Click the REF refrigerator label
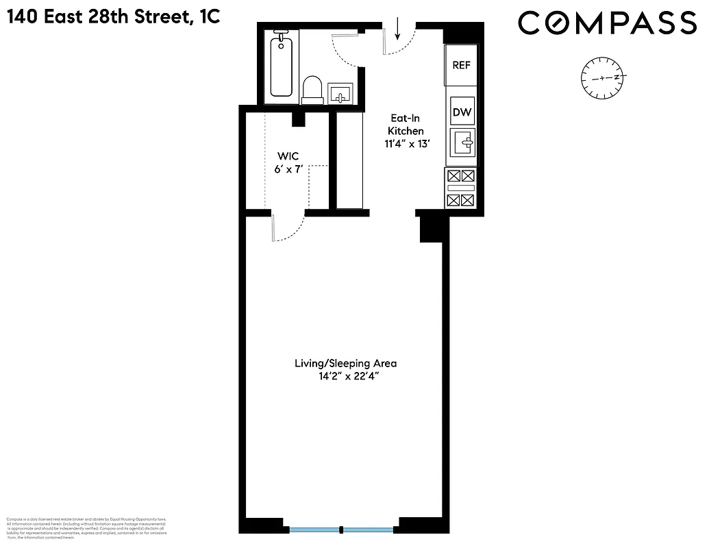(x=461, y=65)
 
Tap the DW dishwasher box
(x=462, y=112)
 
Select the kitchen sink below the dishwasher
(x=462, y=142)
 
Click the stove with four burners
(x=460, y=188)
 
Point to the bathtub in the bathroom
(x=281, y=67)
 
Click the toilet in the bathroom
(x=312, y=90)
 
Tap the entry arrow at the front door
(x=397, y=29)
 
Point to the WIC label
(x=287, y=156)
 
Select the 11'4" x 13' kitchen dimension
(x=406, y=143)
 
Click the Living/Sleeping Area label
(x=345, y=363)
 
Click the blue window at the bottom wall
(x=342, y=530)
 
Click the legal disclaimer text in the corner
(x=86, y=528)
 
